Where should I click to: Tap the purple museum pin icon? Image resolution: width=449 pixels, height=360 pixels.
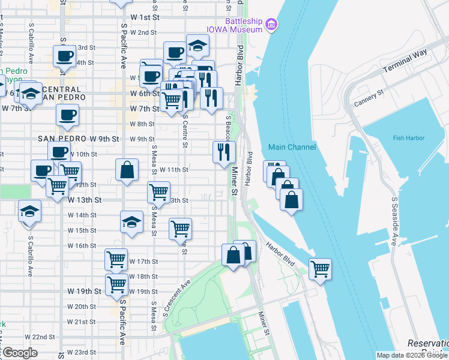[272, 24]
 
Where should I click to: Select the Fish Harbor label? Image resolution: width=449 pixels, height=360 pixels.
[408, 138]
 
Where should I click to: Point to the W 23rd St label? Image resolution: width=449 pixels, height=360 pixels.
[81, 352]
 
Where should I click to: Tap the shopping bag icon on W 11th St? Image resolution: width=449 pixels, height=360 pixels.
[127, 170]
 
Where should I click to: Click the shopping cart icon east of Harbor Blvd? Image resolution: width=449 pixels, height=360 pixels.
[320, 268]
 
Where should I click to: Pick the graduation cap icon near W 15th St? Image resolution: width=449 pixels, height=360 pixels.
[132, 222]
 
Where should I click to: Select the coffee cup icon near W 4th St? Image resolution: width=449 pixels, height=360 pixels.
[64, 56]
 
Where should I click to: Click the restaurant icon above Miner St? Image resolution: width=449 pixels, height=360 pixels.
[224, 151]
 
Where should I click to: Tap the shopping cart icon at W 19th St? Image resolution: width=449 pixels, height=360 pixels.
[117, 284]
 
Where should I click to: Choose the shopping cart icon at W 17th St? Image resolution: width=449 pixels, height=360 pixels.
[116, 259]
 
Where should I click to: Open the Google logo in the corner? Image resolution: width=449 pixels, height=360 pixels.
[19, 353]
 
